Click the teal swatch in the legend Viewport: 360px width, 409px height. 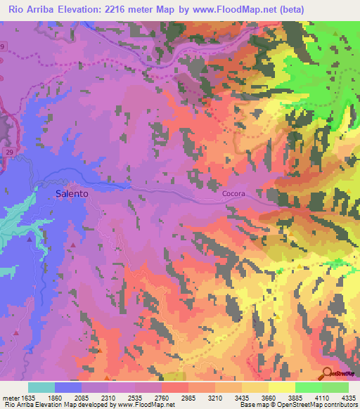click(x=41, y=387)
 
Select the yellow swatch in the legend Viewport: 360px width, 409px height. click(x=281, y=387)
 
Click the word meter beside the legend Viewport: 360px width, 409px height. click(x=11, y=398)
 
